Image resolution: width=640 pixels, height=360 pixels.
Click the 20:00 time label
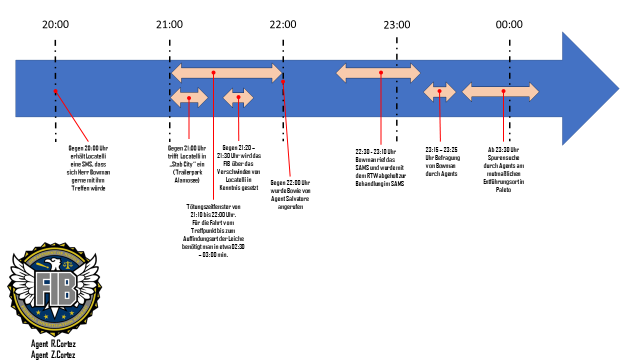(55, 24)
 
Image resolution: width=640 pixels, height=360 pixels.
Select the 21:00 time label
(169, 24)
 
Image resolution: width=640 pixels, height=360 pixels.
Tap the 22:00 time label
(282, 24)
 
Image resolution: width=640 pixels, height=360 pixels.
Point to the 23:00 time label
(397, 25)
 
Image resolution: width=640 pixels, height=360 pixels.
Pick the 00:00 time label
(509, 24)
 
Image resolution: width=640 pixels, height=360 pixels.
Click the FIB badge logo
(54, 288)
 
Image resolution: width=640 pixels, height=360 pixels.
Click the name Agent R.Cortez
(53, 344)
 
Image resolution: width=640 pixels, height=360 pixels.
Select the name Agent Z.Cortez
(53, 355)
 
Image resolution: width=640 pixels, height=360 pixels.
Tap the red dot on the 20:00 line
(55, 91)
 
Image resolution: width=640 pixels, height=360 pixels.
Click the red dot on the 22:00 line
(283, 81)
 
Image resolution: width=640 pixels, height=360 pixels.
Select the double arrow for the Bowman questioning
(439, 91)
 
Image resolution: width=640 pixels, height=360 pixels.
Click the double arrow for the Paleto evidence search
(500, 91)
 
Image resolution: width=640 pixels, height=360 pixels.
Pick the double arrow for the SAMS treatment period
(378, 73)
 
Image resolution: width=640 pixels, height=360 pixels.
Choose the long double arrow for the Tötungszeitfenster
(227, 73)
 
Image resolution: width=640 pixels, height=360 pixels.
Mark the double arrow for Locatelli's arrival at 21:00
(189, 97)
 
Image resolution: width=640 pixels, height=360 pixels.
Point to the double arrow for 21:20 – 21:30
(238, 97)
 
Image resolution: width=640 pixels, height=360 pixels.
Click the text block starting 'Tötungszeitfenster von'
(213, 230)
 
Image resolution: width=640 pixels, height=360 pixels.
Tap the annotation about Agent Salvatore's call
(290, 194)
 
